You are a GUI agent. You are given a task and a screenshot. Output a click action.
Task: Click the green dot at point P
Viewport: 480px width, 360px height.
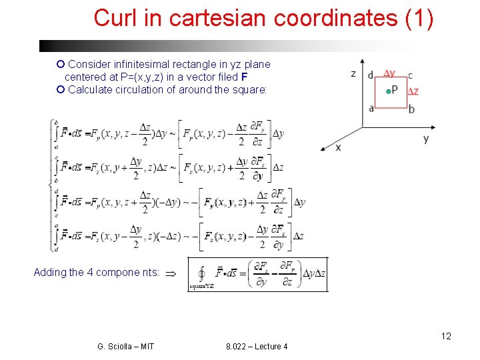coord(386,91)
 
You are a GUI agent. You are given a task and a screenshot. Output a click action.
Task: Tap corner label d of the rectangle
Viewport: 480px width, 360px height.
coord(371,75)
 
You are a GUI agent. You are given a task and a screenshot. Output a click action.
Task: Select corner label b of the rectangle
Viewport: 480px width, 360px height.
coord(411,109)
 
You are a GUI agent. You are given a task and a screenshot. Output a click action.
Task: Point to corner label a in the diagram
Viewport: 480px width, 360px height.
coord(371,108)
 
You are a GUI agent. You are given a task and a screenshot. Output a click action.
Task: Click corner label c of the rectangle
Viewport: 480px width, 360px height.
coord(410,75)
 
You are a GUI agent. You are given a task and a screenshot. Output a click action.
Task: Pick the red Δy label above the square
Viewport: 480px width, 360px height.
coord(389,73)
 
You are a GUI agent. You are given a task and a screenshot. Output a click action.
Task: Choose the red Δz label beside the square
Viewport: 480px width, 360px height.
coord(413,91)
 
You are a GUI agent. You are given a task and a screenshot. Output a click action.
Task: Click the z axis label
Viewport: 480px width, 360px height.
coord(353,74)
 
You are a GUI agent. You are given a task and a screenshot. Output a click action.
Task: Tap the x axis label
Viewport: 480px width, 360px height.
coord(338,147)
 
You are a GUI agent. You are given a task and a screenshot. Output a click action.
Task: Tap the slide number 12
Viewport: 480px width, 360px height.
coord(445,336)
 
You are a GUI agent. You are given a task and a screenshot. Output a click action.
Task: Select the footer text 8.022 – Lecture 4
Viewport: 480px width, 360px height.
coord(257,346)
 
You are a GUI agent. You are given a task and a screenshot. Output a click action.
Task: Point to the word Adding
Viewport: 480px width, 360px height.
coord(50,272)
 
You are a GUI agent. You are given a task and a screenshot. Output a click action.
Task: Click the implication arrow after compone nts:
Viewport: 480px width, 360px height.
coord(170,273)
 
